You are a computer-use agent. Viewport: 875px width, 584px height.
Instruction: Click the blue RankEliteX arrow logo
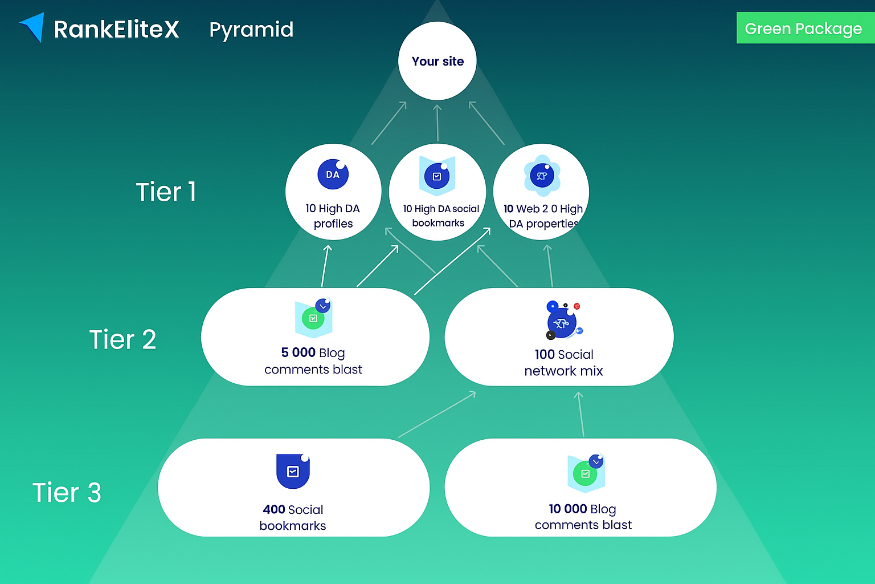click(x=33, y=27)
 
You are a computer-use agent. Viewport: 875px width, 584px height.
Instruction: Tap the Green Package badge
click(x=804, y=29)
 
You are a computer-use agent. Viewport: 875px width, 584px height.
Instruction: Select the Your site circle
click(x=437, y=61)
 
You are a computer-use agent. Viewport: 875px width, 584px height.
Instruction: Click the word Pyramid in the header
click(x=251, y=30)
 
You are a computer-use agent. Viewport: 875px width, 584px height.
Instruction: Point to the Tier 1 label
click(x=166, y=192)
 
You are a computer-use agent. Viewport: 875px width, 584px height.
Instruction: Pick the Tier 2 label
click(x=122, y=339)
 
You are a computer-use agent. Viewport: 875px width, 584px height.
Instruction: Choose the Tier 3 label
click(x=67, y=492)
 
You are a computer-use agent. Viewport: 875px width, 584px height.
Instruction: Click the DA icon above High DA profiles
click(x=333, y=174)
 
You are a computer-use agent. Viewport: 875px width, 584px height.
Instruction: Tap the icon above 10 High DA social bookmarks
click(x=437, y=176)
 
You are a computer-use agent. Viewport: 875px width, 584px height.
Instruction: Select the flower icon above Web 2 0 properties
click(x=542, y=176)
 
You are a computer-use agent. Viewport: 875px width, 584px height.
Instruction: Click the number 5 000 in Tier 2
click(x=298, y=352)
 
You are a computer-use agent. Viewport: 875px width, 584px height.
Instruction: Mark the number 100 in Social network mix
click(x=545, y=354)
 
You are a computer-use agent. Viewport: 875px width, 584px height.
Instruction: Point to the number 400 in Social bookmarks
click(x=273, y=509)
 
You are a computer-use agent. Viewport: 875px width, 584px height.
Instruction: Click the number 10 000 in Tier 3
click(x=567, y=509)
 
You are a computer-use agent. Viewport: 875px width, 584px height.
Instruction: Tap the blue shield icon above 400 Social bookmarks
click(x=293, y=471)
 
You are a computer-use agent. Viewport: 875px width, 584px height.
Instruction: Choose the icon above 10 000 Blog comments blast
click(x=586, y=473)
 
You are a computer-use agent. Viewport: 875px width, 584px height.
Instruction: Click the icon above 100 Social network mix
click(x=563, y=321)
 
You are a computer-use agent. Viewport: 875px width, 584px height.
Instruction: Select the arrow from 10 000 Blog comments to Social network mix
click(x=580, y=414)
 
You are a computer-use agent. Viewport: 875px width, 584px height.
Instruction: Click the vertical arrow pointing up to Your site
click(x=437, y=123)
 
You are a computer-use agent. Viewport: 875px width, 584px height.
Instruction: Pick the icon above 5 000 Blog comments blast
click(x=314, y=317)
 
